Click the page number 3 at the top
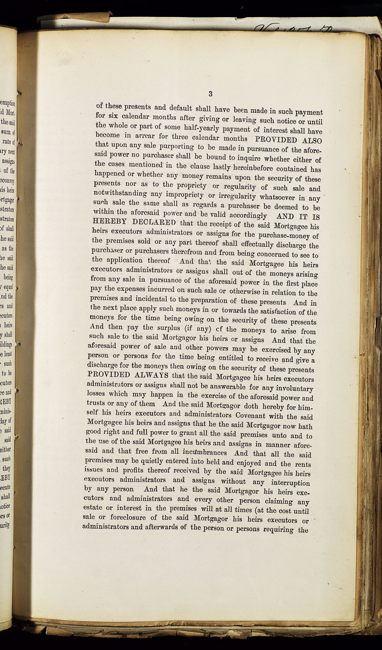tap(210, 94)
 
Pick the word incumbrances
tap(204, 452)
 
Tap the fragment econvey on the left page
tap(7, 181)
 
